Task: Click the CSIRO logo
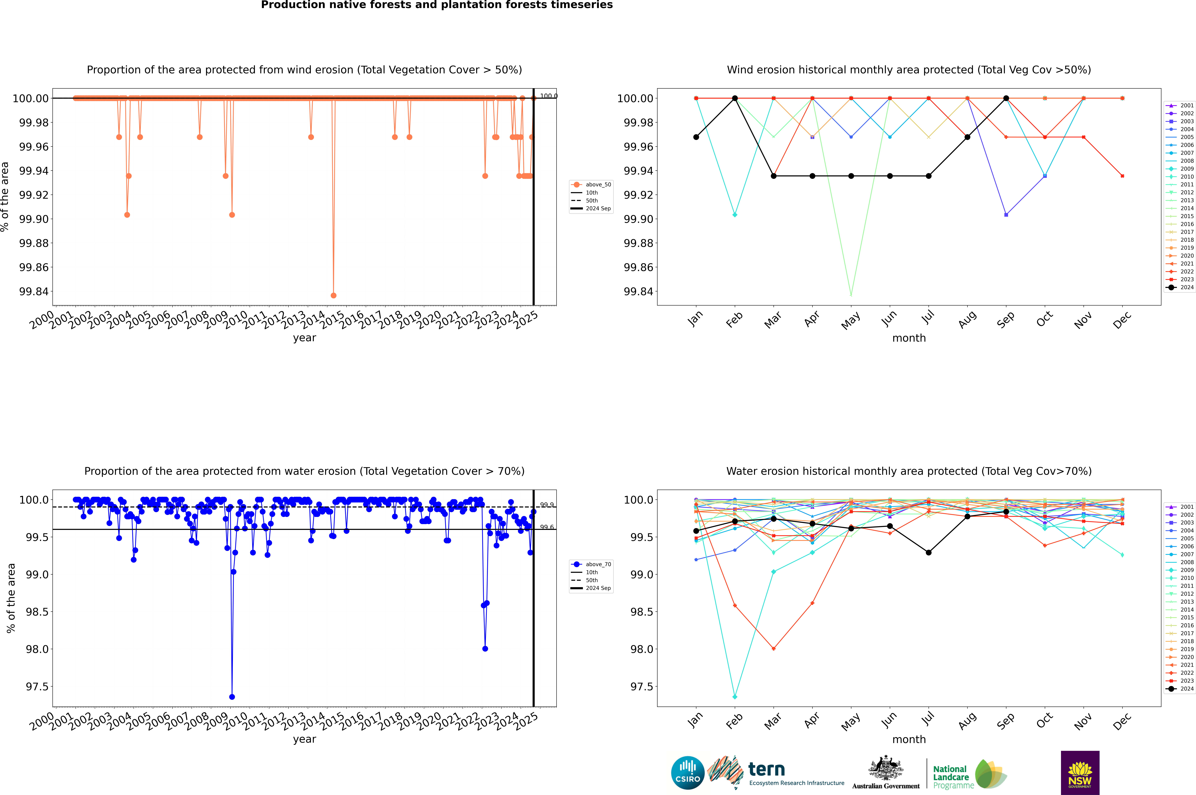pos(687,773)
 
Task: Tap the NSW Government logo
pos(1080,773)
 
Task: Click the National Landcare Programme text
pos(951,777)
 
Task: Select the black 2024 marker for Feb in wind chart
pos(735,98)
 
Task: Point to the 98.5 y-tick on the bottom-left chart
pos(37,612)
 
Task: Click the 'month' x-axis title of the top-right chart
pos(909,338)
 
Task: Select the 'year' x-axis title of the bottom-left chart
pos(304,739)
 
